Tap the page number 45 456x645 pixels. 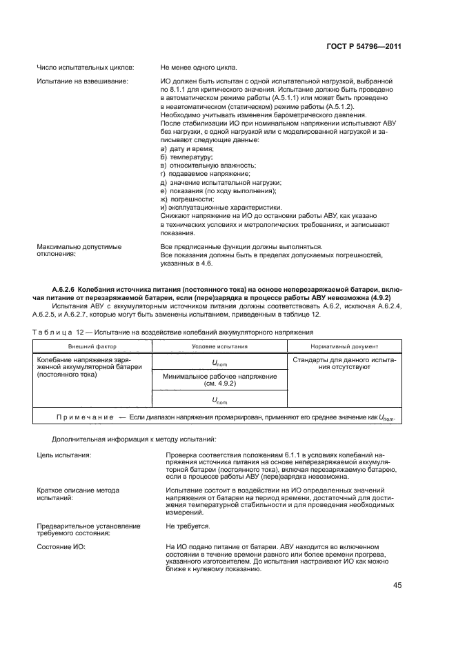[x=397, y=585]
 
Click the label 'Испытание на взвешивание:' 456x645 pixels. [x=81, y=82]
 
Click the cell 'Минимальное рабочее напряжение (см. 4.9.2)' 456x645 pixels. [x=219, y=380]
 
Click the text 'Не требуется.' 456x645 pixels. [x=188, y=526]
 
